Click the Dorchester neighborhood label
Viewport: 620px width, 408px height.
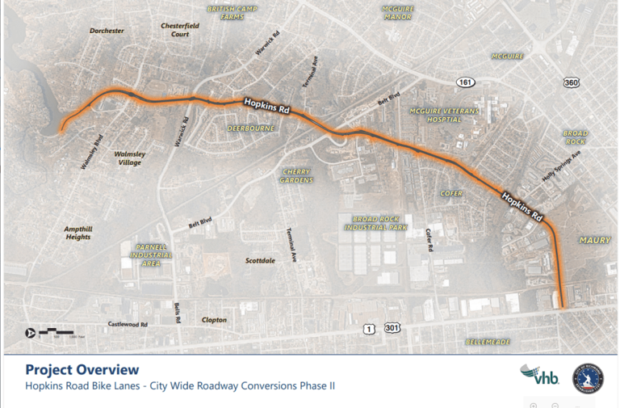107,31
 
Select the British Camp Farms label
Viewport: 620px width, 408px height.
225,11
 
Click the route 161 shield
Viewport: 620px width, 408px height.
466,82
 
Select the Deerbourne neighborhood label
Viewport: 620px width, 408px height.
250,128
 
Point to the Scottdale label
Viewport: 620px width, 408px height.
260,261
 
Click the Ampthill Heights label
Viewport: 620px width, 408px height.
78,233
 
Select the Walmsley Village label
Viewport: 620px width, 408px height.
128,158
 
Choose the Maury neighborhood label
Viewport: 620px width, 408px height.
594,240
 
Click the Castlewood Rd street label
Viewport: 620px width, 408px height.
128,324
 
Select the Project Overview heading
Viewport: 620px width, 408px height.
82,369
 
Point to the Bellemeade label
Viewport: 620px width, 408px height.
488,342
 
